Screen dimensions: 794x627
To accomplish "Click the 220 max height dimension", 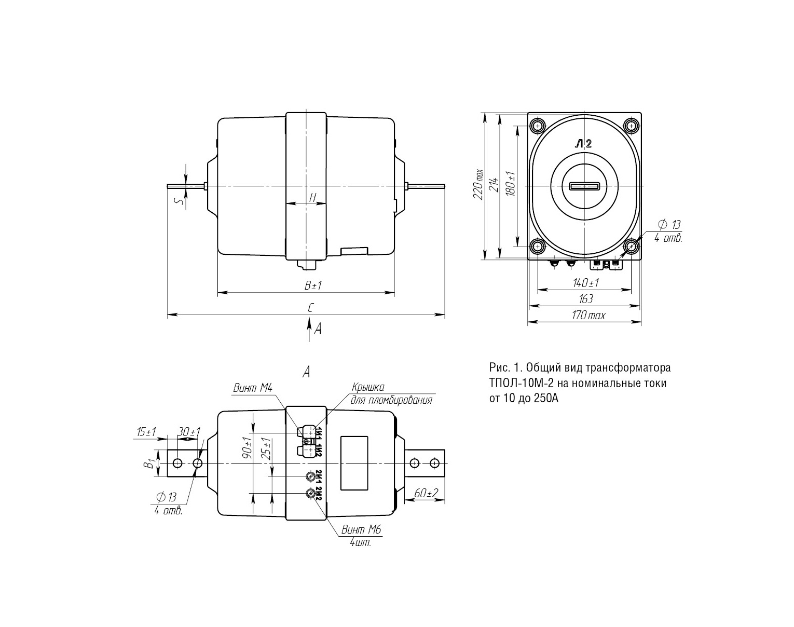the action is (478, 185).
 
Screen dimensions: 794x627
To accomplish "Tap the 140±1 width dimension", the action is (585, 283).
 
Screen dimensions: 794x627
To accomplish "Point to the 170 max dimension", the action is (588, 315).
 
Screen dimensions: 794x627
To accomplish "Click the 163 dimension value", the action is (585, 298).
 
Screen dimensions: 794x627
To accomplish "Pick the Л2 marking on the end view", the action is (583, 144).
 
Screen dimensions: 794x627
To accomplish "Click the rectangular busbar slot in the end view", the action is (584, 186).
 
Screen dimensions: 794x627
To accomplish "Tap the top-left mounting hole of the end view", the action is (538, 126).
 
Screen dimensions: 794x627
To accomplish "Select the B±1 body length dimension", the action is (313, 285).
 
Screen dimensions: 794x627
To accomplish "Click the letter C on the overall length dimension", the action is (311, 307).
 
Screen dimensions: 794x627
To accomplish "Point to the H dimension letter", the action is (312, 198).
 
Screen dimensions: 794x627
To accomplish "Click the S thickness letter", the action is (179, 201).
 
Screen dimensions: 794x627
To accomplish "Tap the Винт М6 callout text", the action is (361, 530).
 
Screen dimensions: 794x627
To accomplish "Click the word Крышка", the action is (368, 387).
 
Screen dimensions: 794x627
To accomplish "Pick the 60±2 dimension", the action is (426, 493).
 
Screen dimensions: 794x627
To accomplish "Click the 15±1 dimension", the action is (146, 431).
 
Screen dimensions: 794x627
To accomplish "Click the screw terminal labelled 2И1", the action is (311, 476).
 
